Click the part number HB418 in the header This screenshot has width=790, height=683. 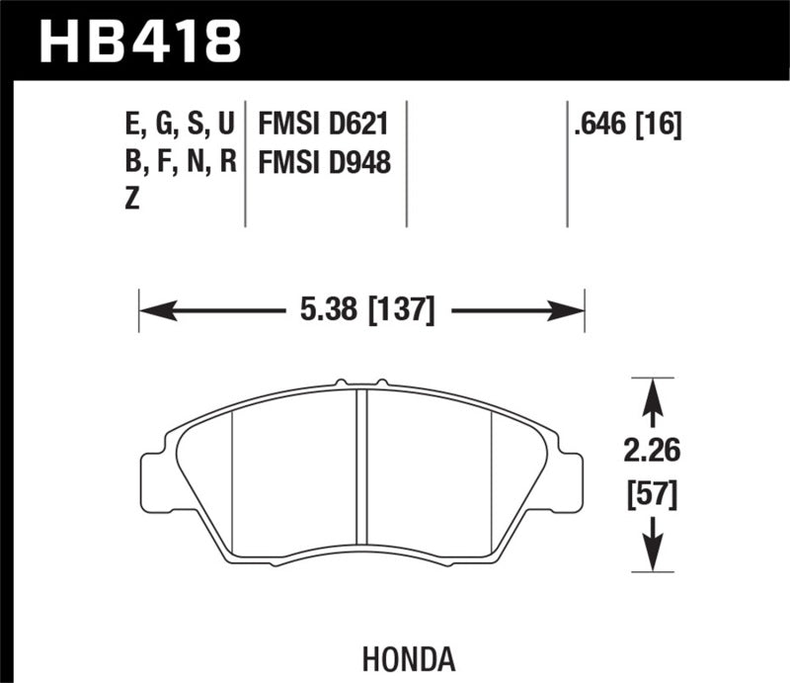pos(138,40)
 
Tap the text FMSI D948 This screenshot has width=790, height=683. pos(324,162)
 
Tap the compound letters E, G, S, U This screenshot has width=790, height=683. pos(175,126)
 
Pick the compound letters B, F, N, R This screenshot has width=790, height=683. pos(176,162)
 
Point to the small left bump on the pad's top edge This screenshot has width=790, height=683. pos(339,382)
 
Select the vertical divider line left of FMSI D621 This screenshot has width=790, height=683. pos(244,163)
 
